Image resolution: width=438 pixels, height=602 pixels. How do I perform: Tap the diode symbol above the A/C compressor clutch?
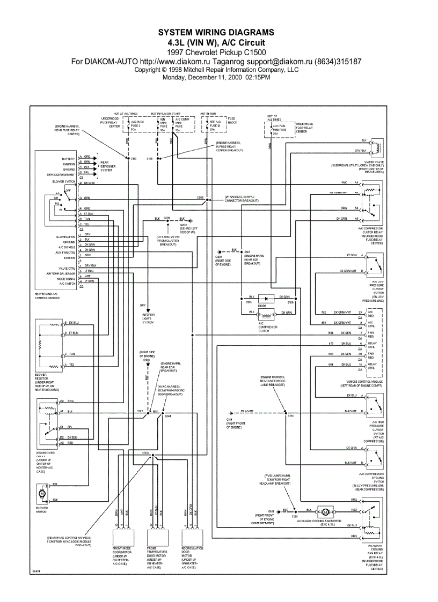(264, 298)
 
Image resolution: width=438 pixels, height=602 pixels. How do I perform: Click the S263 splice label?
(200, 197)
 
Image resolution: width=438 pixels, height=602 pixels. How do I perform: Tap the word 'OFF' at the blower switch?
(68, 190)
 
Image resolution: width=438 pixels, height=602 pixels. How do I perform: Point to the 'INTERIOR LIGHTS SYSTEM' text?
(148, 318)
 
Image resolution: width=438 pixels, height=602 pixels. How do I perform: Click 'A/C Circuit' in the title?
(239, 42)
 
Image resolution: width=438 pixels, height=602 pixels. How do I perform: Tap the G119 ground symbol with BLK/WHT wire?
(230, 412)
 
